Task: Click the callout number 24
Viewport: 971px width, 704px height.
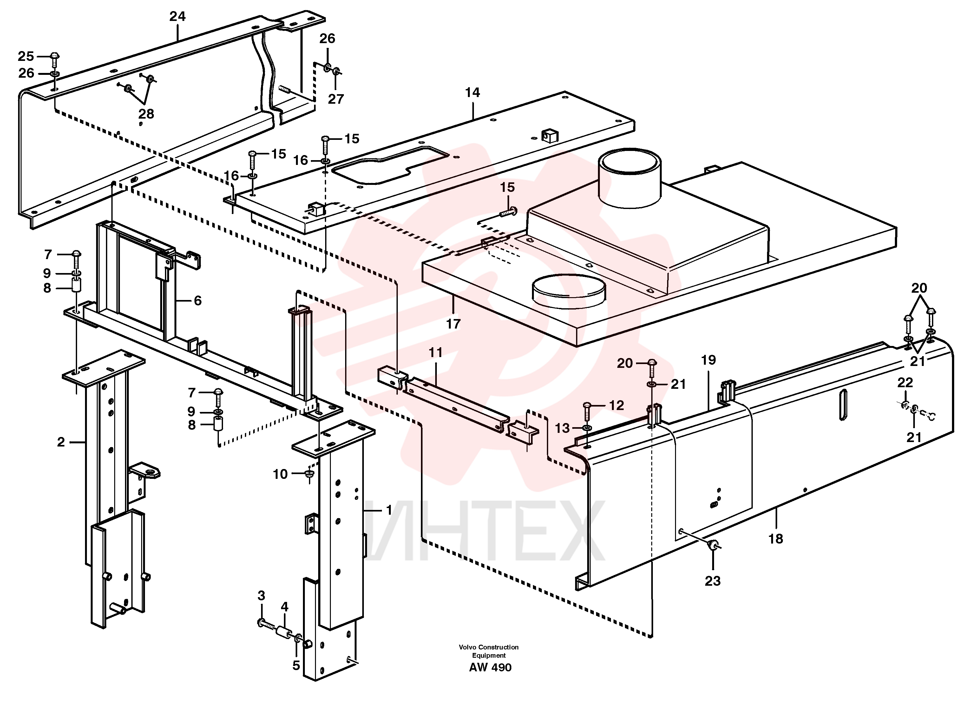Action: [177, 16]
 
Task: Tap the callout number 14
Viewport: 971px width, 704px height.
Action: [473, 93]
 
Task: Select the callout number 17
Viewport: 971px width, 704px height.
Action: [453, 324]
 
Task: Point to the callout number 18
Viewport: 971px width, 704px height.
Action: [776, 539]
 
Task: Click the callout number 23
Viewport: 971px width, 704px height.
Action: [713, 581]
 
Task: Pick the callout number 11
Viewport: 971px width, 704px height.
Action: [436, 353]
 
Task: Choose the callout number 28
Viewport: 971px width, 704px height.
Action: [146, 114]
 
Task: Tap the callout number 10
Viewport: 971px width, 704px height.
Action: [280, 474]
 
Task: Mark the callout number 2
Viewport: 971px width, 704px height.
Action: [61, 442]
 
